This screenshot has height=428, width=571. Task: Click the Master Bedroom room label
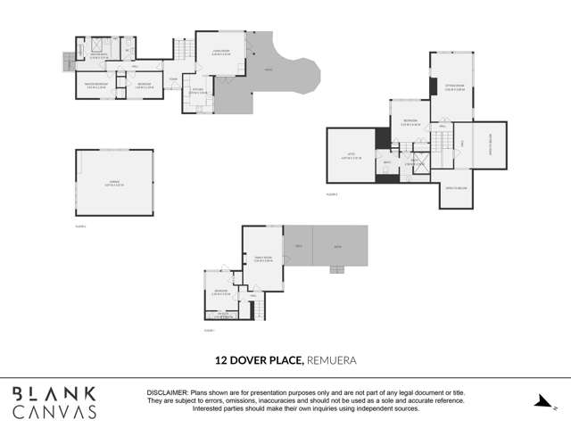click(x=95, y=85)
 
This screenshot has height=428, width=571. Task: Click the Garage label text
click(x=113, y=181)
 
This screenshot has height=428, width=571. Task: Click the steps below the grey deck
click(x=337, y=269)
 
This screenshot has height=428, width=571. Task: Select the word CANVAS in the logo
click(x=55, y=412)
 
